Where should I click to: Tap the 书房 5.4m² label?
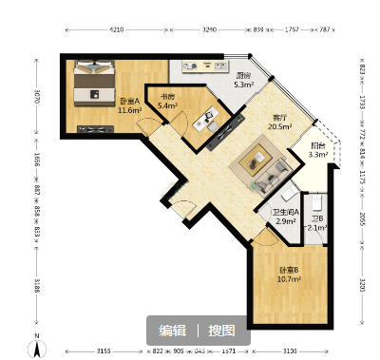[x=167, y=102]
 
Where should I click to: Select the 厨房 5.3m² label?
[x=243, y=80]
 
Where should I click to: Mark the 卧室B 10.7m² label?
[x=289, y=275]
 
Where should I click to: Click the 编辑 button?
[x=172, y=331]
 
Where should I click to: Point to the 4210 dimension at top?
[x=117, y=31]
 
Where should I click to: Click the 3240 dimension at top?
[x=211, y=31]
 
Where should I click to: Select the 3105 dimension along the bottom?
[x=290, y=351]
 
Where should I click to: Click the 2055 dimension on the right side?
[x=363, y=218]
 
